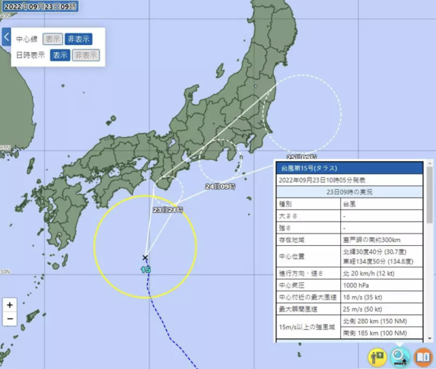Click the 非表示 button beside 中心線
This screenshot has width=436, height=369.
coord(77,39)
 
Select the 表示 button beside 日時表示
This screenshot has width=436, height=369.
coord(60,55)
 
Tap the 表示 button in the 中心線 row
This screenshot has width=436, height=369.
coord(52,39)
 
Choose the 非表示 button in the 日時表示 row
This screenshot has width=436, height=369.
coord(86,55)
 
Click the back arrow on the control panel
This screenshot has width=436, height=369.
coord(7,37)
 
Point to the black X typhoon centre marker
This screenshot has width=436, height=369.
coord(145,258)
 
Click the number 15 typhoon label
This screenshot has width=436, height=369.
coord(146,269)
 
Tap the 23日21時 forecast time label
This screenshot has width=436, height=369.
coord(167,210)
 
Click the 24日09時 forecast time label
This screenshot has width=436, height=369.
coord(220,186)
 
